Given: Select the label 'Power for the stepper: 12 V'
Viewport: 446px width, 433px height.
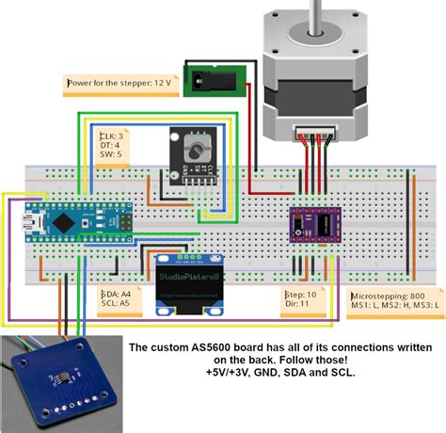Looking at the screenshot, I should point(119,83).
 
